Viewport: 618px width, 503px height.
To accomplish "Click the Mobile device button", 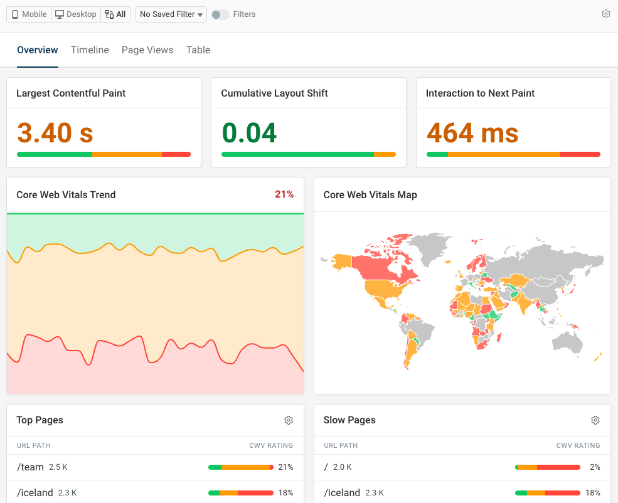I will click(29, 14).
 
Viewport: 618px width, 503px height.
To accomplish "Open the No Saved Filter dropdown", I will click(171, 14).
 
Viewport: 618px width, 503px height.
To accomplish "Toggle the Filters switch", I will click(220, 14).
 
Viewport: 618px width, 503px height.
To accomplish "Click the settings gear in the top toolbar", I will click(605, 14).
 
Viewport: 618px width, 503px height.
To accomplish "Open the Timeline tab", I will click(90, 50).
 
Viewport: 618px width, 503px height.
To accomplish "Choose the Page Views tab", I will click(147, 50).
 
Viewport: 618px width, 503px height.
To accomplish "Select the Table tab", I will click(198, 50).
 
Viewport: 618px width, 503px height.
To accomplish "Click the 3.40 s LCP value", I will click(55, 133).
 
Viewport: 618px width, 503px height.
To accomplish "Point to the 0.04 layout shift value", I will click(249, 133).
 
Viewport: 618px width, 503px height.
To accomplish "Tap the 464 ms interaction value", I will click(472, 133).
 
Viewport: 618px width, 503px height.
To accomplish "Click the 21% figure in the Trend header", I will click(284, 194).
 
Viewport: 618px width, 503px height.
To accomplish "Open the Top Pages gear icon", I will click(289, 420).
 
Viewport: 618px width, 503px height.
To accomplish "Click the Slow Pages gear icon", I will click(595, 420).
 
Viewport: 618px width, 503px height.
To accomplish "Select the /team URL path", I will click(30, 467).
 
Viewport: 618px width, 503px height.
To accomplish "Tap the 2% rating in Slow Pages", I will click(595, 467).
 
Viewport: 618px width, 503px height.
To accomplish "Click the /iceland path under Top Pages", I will click(35, 493).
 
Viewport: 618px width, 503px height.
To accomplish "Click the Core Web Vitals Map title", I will click(370, 195).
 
